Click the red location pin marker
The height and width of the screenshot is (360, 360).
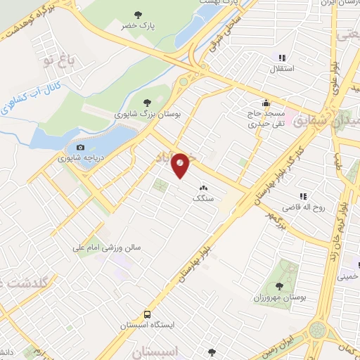(x=181, y=165)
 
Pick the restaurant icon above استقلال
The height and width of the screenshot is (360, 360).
(x=282, y=58)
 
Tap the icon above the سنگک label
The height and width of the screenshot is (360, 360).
(x=204, y=188)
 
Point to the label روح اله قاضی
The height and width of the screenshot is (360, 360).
(x=301, y=208)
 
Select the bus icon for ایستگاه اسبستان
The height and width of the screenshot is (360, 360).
(x=148, y=314)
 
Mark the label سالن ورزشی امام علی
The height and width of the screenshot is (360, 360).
(x=110, y=248)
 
